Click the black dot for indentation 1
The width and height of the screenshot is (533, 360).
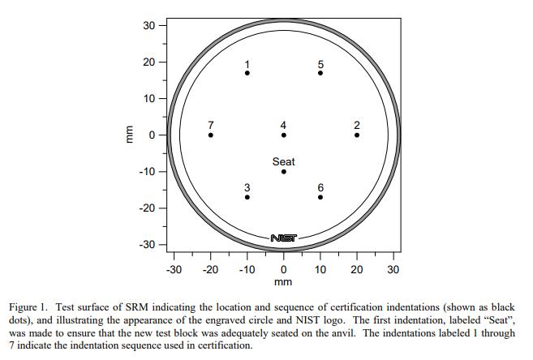pyautogui.click(x=247, y=73)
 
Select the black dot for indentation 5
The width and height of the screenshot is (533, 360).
pyautogui.click(x=320, y=73)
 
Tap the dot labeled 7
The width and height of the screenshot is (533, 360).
pyautogui.click(x=211, y=135)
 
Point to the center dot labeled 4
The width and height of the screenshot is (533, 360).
pyautogui.click(x=284, y=135)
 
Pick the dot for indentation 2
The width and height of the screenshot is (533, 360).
pyautogui.click(x=357, y=135)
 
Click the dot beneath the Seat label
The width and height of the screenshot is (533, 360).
pyautogui.click(x=284, y=171)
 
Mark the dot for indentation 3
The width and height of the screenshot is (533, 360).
pyautogui.click(x=247, y=197)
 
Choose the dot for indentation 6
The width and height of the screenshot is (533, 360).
pyautogui.click(x=320, y=197)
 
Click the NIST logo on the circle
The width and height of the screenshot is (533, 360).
pyautogui.click(x=284, y=238)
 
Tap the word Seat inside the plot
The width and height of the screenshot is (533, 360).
pyautogui.click(x=284, y=162)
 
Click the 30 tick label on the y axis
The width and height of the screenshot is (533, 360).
pyautogui.click(x=150, y=25)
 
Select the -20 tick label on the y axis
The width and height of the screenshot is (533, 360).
pyautogui.click(x=148, y=208)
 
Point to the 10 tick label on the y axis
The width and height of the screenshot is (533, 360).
pyautogui.click(x=150, y=99)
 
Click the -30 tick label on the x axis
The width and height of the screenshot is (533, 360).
pyautogui.click(x=174, y=269)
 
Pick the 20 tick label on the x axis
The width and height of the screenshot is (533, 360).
pyautogui.click(x=357, y=269)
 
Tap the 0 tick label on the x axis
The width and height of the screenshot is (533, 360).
pyautogui.click(x=284, y=269)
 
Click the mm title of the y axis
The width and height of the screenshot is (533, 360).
pyautogui.click(x=126, y=135)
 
